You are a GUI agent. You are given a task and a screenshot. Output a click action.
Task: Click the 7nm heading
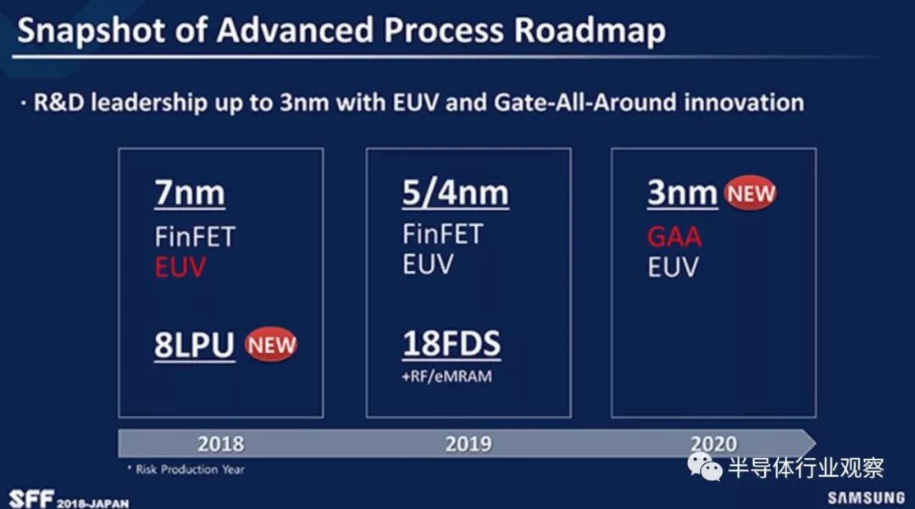[x=190, y=193]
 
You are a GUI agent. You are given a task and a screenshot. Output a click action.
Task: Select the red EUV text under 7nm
[x=180, y=268]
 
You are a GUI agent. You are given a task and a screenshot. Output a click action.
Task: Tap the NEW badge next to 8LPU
[x=271, y=344]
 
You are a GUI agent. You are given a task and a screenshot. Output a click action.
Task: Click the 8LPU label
[x=194, y=346]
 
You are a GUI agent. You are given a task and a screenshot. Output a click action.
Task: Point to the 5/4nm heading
[x=455, y=193]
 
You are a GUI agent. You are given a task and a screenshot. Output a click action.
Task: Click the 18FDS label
[x=452, y=343]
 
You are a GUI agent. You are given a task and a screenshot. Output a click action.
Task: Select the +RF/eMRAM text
[x=447, y=377]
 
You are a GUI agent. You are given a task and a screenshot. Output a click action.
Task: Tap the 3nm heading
[x=682, y=192]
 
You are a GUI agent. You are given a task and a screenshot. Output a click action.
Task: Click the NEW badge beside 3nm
[x=751, y=193]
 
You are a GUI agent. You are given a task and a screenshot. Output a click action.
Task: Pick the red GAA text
[x=674, y=237]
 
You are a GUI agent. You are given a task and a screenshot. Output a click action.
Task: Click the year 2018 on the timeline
[x=220, y=445]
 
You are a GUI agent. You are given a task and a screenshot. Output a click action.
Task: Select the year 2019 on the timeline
[x=469, y=445]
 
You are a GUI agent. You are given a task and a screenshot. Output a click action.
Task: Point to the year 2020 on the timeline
[x=713, y=445]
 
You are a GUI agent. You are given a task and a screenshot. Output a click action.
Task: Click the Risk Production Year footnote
[x=186, y=469]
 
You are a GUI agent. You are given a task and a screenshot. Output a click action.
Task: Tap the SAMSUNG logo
[x=866, y=497]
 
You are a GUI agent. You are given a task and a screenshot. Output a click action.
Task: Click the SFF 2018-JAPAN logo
[x=69, y=500]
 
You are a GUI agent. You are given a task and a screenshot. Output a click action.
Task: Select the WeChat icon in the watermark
[x=704, y=467]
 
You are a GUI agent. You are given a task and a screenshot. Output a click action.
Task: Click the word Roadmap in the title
[x=590, y=31]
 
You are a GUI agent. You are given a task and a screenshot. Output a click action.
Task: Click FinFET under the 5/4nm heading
[x=443, y=235]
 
